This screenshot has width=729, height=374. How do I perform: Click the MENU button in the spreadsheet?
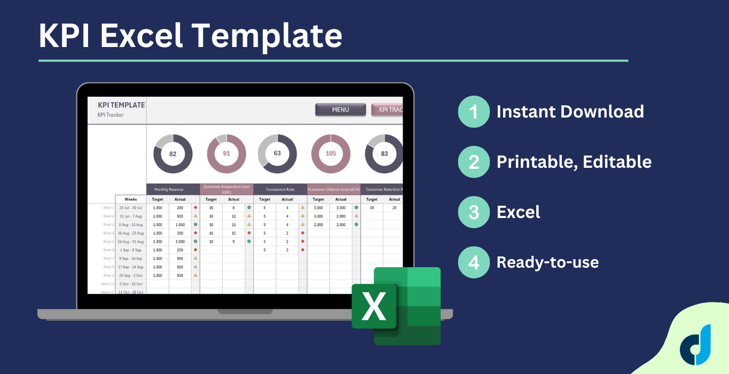340,110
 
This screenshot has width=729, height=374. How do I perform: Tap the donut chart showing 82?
173,154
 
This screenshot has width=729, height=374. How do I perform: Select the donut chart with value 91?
226,154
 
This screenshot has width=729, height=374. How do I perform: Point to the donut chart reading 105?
331,154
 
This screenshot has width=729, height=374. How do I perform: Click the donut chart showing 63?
277,154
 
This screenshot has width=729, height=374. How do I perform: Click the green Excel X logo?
375,306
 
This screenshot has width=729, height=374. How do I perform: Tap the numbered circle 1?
474,112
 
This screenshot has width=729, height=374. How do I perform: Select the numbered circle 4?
474,262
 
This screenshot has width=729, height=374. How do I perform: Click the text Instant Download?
570,112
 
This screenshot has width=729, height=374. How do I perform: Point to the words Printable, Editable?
574,162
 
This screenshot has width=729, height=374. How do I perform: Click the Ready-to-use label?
547,262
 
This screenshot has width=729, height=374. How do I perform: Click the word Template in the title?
266,36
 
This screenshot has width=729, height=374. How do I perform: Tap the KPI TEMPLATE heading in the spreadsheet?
121,105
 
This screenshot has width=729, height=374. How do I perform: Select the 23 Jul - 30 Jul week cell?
131,207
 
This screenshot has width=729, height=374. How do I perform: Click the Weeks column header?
131,199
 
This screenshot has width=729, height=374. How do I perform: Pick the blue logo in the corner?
695,345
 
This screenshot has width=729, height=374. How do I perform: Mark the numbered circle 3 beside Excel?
474,212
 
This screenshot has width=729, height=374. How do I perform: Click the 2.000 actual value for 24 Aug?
180,241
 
